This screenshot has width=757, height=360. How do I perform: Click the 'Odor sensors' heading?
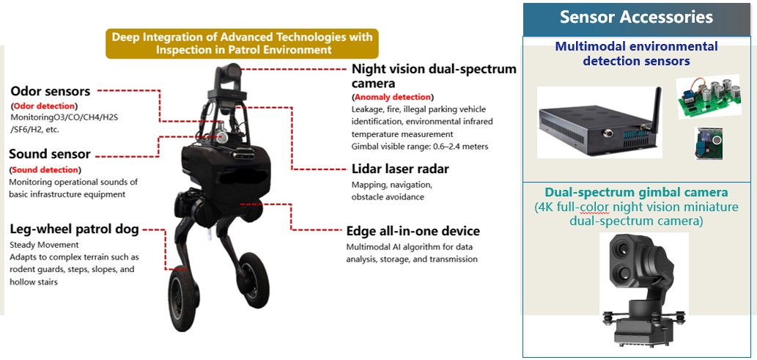pos(51,92)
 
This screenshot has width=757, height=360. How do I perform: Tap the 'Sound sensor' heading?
pos(50,155)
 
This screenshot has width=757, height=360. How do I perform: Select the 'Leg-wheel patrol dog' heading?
pos(74,229)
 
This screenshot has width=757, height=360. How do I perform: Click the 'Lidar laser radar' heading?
pos(400,169)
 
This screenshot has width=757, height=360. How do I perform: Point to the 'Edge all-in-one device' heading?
pos(413,230)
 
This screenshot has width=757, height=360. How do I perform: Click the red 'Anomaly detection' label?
pos(393,97)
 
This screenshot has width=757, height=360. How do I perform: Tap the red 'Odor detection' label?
pos(44,106)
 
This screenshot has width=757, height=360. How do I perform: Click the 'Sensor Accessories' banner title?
pos(636,18)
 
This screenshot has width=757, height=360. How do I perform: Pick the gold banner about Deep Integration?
pos(242,43)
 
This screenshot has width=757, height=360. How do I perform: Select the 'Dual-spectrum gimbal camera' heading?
pos(636,192)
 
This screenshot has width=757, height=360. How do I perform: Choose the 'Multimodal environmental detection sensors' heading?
pos(636,54)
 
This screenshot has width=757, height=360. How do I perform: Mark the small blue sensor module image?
pos(708,144)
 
